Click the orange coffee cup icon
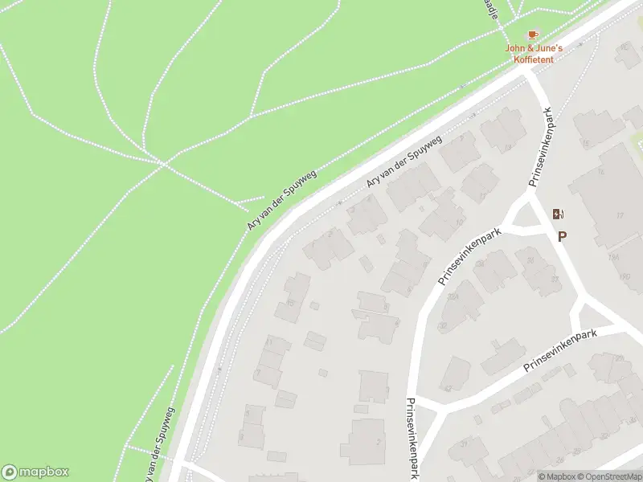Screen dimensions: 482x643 pos(533,35)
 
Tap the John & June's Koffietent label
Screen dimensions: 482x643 pos(534,52)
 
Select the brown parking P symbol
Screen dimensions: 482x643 pos(562,236)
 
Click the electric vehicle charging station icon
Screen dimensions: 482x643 pos(558,214)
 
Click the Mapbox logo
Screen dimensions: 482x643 pos(35,472)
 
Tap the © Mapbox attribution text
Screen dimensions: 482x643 pos(557,476)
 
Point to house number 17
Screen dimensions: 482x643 pos(620,216)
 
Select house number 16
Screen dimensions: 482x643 pos(600,172)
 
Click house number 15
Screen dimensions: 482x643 pos(586,144)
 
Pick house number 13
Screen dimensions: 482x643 pos(508,148)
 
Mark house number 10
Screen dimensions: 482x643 pos(458,223)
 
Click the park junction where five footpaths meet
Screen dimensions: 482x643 pos(164,165)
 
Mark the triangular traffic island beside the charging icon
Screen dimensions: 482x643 pos(524,214)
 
